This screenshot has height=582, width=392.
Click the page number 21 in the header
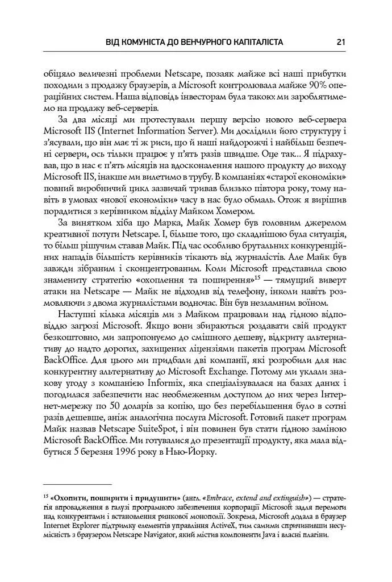(341, 41)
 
